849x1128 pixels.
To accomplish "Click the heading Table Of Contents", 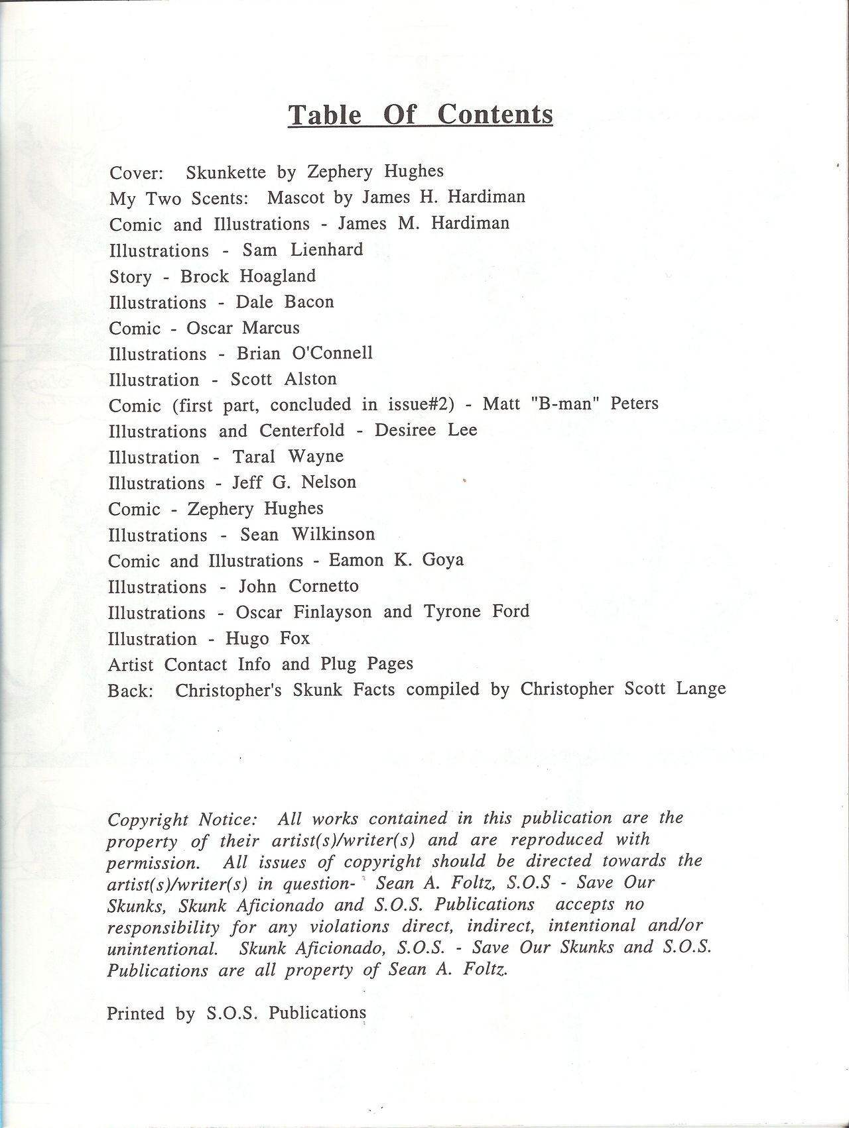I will [420, 114].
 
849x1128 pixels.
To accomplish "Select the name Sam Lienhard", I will [302, 250].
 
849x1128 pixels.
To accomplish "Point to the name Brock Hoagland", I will [248, 276].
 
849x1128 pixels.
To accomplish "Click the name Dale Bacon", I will [285, 302].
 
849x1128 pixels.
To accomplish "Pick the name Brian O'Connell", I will [304, 353].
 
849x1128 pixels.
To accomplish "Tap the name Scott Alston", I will [283, 379].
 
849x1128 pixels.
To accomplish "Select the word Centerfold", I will [302, 431].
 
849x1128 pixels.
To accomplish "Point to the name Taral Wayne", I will [288, 457].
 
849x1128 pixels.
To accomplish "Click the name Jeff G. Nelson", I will [294, 482].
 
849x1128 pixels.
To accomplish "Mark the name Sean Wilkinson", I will [307, 534].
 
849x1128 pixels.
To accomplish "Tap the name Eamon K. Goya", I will [396, 560].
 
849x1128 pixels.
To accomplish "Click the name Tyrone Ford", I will [476, 611].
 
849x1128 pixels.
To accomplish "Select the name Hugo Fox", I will [267, 638].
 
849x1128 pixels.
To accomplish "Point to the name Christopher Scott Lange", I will [623, 689].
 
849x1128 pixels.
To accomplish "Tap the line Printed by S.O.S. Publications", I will [236, 1013].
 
